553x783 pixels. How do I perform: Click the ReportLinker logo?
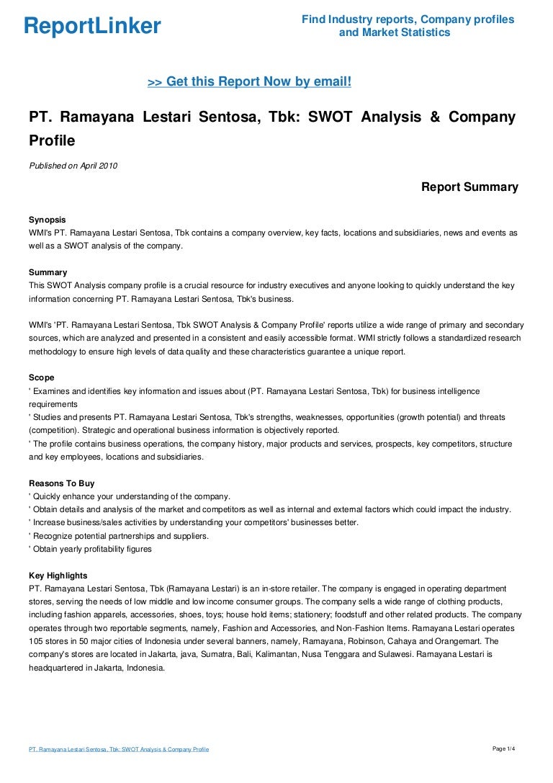coord(92,27)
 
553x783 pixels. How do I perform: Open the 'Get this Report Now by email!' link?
coord(249,82)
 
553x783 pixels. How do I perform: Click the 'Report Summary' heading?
coord(469,187)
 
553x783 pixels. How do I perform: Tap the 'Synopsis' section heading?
coord(47,219)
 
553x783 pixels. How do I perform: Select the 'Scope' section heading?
coord(41,377)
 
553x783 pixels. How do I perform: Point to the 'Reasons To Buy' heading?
coord(61,483)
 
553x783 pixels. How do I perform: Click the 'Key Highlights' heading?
coord(58,576)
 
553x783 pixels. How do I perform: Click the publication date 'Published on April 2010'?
coord(73,166)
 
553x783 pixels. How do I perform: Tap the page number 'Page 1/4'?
coord(504,749)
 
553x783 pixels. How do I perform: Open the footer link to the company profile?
coord(119,750)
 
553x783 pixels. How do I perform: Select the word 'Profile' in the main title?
coord(52,140)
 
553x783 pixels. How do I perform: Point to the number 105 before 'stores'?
coord(36,641)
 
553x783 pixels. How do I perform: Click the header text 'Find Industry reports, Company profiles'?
coord(408,19)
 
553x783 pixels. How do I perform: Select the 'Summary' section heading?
coord(48,272)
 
